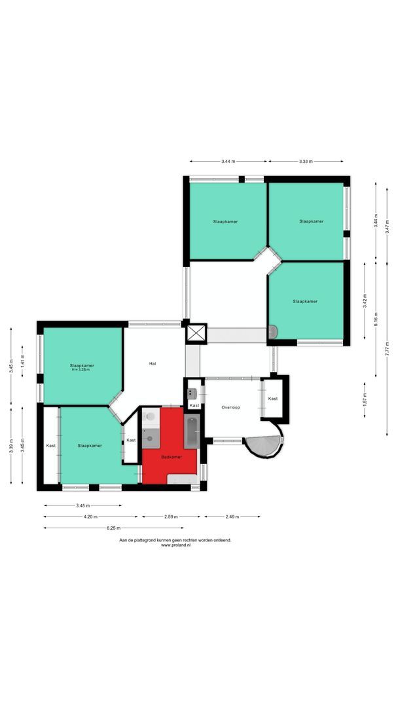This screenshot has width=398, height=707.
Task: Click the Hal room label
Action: [x=153, y=363]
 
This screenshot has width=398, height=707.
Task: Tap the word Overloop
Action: [x=230, y=407]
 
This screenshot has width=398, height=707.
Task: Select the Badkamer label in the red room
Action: [x=172, y=457]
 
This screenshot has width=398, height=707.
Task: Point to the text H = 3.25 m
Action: [x=82, y=371]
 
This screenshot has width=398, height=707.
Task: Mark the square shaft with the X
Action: [x=196, y=333]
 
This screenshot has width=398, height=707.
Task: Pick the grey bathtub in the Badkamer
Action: [x=191, y=432]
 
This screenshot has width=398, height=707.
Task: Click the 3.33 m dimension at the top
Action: [x=306, y=161]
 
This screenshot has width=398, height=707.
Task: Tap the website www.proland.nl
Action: [x=174, y=545]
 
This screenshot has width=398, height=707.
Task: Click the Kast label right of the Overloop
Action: [x=272, y=399]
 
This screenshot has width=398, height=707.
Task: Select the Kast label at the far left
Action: [x=51, y=446]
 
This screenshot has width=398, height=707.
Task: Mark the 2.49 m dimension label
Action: [x=232, y=517]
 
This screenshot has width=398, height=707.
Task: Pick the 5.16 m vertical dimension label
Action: [x=376, y=319]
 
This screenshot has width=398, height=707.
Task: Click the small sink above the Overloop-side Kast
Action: [x=192, y=393]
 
